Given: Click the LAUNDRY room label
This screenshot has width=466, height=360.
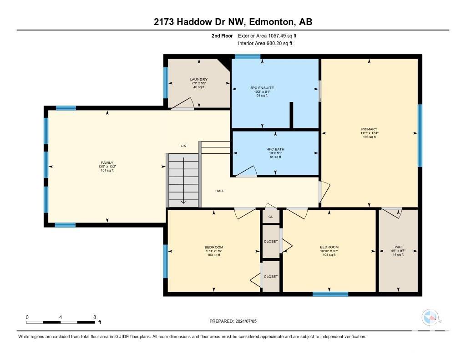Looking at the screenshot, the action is tap(199, 79).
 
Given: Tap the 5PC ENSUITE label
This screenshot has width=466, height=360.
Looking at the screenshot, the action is tap(262, 88).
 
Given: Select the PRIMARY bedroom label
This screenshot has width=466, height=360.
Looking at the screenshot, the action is tap(369, 129).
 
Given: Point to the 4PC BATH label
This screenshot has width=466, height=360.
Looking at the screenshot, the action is tap(275, 149).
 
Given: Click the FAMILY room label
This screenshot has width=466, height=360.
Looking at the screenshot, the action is tap(107, 162).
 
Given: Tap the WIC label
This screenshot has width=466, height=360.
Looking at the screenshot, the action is tap(398, 247).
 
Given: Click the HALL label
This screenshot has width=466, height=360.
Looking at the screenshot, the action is tap(220, 191).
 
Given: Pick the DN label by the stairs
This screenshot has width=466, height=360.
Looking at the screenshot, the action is tap(184, 146).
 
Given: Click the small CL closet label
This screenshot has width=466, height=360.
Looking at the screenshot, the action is tap(271, 217).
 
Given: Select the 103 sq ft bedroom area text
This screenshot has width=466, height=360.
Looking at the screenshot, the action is tap(214, 255).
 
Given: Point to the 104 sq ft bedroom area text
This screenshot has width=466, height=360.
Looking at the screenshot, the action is tap(329, 255).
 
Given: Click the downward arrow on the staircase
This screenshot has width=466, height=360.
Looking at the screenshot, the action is tap(184, 180).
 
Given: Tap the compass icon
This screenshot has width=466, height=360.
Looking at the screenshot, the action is tap(430, 318).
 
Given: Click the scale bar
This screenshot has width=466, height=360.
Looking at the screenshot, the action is tap(61, 322).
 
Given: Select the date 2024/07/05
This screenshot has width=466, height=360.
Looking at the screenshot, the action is tap(246, 321).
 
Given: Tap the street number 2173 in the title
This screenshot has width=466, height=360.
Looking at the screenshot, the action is tap(164, 22).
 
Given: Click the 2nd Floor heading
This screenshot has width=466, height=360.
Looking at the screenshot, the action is tap(222, 35).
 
